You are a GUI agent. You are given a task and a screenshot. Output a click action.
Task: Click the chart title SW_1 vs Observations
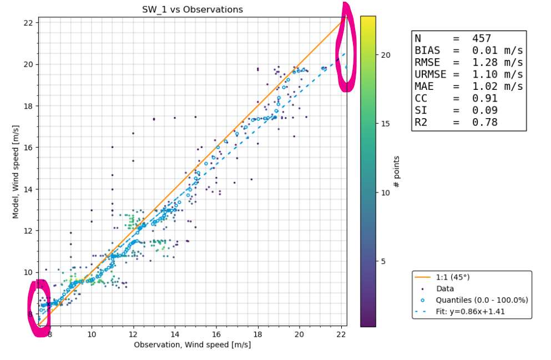pyautogui.click(x=193, y=9)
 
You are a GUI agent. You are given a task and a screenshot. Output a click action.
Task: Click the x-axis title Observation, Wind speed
pyautogui.click(x=192, y=344)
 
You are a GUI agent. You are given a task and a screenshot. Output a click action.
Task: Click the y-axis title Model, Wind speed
pyautogui.click(x=16, y=171)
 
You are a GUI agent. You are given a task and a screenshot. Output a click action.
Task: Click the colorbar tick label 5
pyautogui.click(x=383, y=261)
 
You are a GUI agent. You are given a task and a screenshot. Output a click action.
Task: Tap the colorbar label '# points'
pyautogui.click(x=397, y=171)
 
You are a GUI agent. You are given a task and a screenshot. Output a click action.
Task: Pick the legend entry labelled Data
pyautogui.click(x=445, y=289)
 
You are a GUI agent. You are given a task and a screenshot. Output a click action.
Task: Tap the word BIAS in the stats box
pyautogui.click(x=427, y=50)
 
